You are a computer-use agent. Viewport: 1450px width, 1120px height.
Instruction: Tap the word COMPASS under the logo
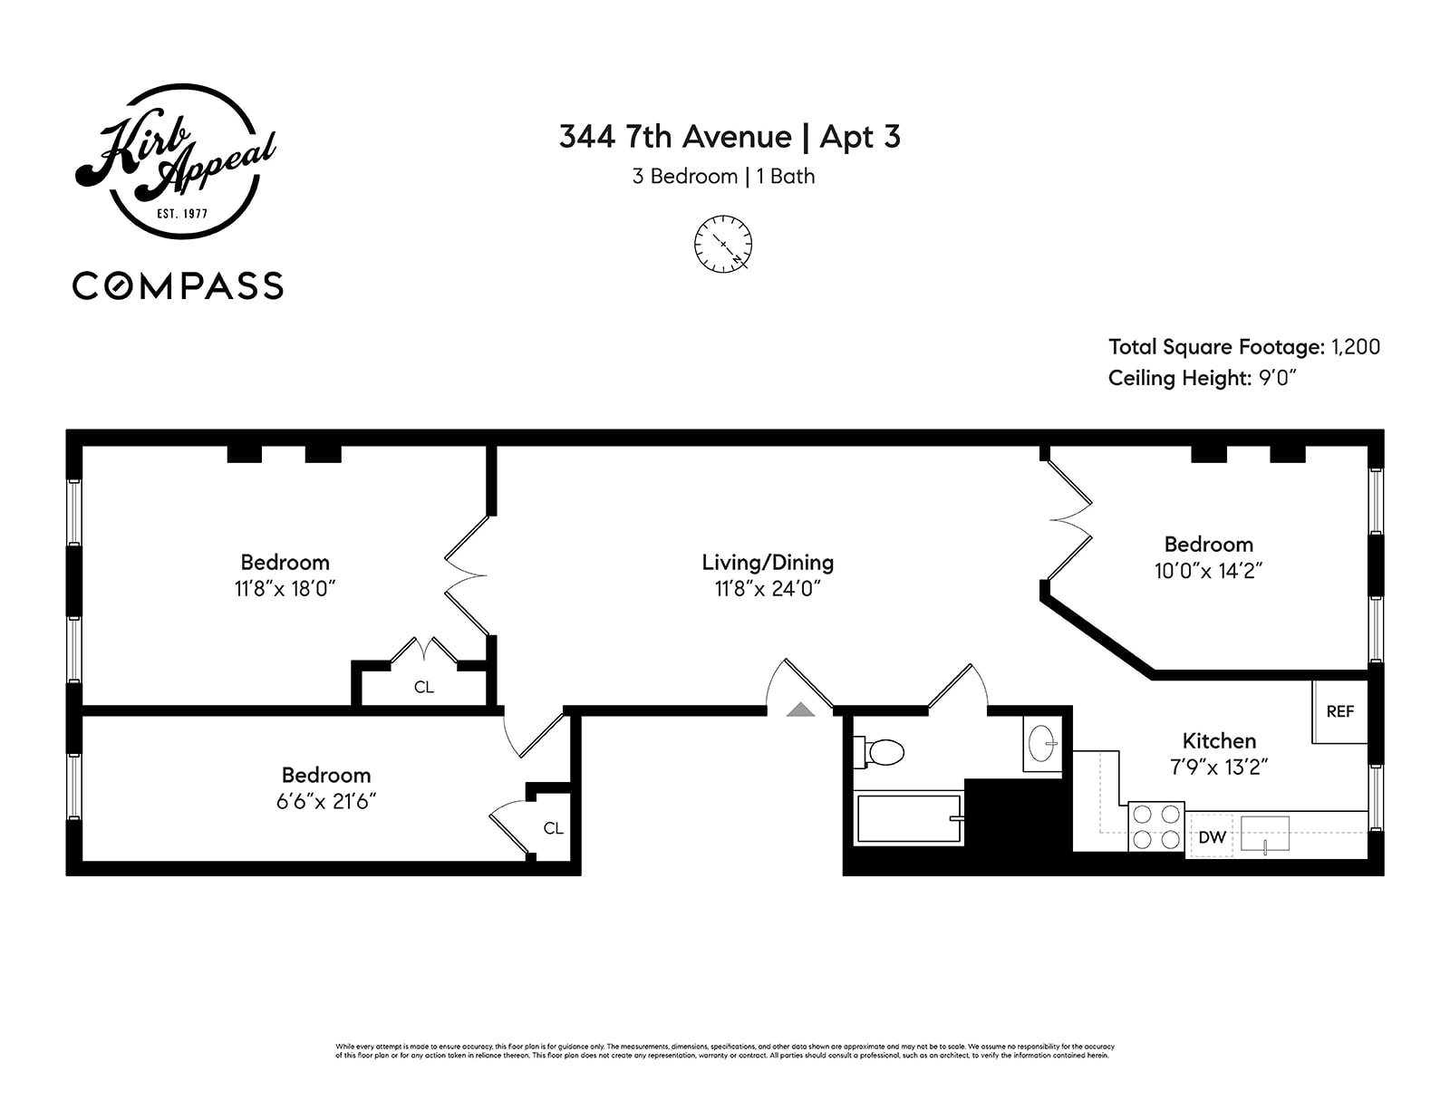[178, 286]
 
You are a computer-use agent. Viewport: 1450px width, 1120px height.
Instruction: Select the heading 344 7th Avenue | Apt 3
[730, 137]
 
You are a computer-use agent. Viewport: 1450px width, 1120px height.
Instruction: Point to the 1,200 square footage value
[1355, 347]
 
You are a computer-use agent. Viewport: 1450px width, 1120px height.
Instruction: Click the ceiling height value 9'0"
[1278, 378]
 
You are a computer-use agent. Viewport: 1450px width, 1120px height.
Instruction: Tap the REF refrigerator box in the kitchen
[1339, 711]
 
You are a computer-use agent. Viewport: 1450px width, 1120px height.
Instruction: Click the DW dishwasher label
[1211, 837]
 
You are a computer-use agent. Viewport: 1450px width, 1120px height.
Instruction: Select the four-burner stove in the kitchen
[1156, 826]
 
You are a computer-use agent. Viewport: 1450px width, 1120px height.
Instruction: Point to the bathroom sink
[1042, 744]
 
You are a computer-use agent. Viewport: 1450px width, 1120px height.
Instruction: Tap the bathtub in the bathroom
[908, 818]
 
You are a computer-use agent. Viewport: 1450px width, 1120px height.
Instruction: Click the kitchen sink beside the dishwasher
[1264, 834]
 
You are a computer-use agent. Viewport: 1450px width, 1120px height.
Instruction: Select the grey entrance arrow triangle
[800, 710]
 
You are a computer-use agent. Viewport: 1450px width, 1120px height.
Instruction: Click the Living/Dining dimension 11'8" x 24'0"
[768, 589]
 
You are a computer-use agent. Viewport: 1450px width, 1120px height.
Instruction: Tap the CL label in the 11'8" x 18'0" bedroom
[423, 688]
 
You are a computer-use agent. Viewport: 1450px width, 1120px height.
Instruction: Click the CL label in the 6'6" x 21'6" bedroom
[553, 828]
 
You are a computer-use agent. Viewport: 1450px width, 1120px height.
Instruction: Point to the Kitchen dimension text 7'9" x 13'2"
[1218, 768]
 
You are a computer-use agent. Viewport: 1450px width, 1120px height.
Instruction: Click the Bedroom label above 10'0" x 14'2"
[1208, 545]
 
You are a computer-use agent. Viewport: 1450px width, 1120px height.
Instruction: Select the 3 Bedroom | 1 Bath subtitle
[723, 177]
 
